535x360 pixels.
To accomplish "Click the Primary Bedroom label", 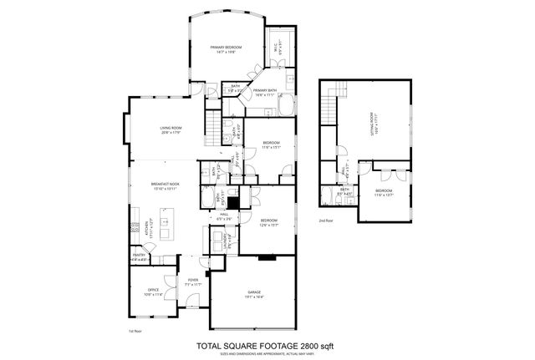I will pos(226,48).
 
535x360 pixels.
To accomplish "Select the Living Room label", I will pos(171,129).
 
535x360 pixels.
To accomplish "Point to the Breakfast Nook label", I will pos(163,186).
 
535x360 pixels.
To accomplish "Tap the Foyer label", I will pos(192,283).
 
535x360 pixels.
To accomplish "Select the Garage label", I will pos(253,294).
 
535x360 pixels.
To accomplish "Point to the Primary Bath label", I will pos(265,94).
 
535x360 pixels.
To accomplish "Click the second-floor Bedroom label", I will pos(384,194).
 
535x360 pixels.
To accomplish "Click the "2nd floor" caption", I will pos(326,221).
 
